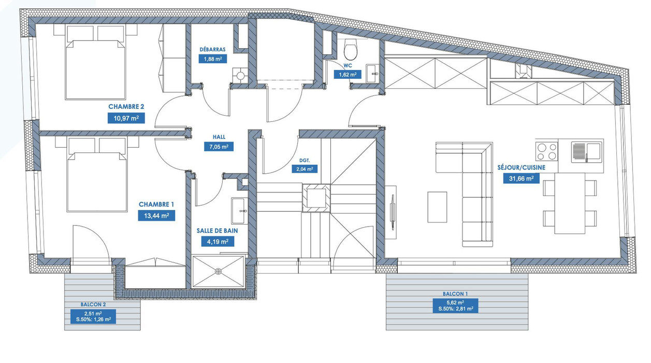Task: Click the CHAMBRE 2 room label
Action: [x=126, y=106]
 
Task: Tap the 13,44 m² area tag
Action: [x=156, y=216]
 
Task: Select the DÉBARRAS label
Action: [x=212, y=49]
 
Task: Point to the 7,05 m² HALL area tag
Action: [x=219, y=147]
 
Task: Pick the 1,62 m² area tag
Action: [x=348, y=75]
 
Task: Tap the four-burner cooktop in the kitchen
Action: [x=547, y=151]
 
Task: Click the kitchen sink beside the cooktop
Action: [x=586, y=151]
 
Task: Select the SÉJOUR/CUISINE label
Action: [x=521, y=167]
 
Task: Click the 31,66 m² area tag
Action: [x=521, y=178]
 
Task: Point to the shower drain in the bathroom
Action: [x=218, y=272]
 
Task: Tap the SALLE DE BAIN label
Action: [x=217, y=231]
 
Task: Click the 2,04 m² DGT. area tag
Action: [x=305, y=169]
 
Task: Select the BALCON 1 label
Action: [x=455, y=294]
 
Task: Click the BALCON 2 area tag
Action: [x=93, y=316]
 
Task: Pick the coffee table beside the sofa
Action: [x=437, y=207]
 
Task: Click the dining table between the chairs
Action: [x=570, y=203]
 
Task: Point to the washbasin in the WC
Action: [x=372, y=73]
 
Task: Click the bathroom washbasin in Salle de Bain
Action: [x=239, y=211]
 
